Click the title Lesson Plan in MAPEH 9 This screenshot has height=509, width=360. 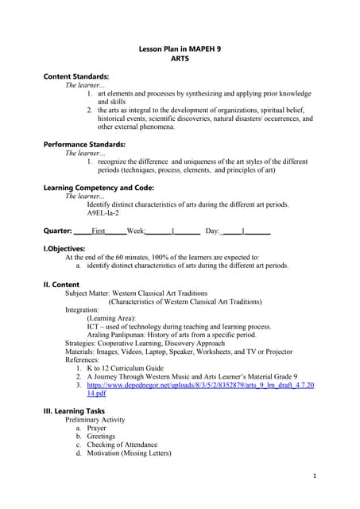[x=180, y=49]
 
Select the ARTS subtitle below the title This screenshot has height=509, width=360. [x=180, y=59]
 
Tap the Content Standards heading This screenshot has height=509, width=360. [x=75, y=76]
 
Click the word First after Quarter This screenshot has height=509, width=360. [x=99, y=231]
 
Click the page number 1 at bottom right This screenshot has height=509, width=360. [x=315, y=475]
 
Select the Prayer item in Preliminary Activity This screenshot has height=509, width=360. [x=96, y=428]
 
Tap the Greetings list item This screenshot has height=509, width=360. [x=101, y=437]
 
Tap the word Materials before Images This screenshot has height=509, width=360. [x=82, y=352]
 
